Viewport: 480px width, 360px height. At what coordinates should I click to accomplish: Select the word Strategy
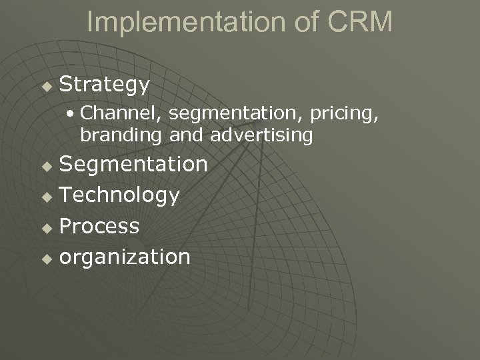coord(105,85)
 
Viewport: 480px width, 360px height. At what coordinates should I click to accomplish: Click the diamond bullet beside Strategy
coord(46,86)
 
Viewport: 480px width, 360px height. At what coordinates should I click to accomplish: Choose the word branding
coord(121,135)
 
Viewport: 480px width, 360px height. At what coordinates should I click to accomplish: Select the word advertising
coord(261,135)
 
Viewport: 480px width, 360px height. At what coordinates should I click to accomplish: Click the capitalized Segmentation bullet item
coord(133,163)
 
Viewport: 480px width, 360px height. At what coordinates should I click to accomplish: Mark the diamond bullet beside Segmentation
coord(46,165)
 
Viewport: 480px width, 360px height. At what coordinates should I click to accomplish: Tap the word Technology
coord(119,195)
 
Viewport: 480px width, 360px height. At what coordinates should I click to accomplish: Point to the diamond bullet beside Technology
coord(46,196)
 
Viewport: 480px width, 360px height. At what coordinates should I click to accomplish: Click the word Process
coord(99,225)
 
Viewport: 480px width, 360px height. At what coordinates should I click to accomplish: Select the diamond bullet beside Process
coord(46,227)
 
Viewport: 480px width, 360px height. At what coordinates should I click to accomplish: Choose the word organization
coord(125,256)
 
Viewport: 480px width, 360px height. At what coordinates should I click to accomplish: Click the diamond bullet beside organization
coord(46,258)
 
